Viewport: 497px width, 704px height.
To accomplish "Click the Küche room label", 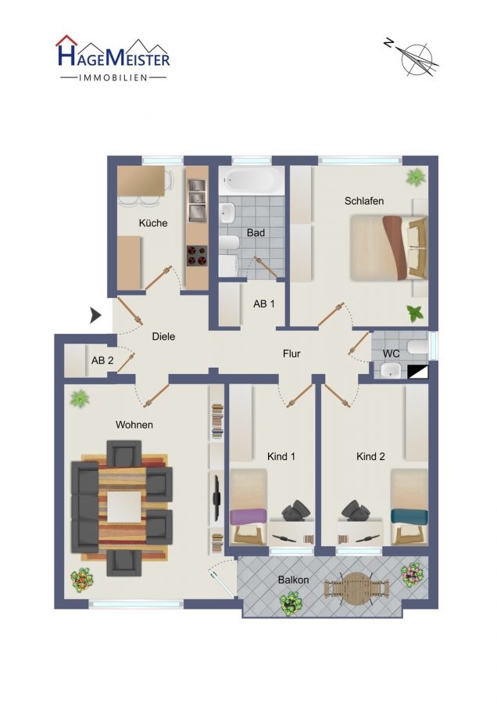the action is point(153,223).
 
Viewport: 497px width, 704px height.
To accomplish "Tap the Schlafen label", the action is point(364,201).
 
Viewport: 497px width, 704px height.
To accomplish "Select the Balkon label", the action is point(293,580).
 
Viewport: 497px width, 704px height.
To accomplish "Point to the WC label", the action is point(391,354).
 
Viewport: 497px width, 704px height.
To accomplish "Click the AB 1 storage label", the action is point(264,304).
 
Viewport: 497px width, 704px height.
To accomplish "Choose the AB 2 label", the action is point(102,360).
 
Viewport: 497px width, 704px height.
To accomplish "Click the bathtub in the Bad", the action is point(251,181).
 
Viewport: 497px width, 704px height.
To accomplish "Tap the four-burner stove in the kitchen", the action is point(197,256).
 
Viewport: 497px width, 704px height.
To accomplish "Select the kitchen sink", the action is point(197,200).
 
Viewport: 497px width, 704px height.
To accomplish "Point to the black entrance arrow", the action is point(95,315).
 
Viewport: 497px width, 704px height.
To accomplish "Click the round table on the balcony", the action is point(356,588).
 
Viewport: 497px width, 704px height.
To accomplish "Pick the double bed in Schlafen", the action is point(388,248).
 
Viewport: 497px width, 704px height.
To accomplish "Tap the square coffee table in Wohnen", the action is point(124,507).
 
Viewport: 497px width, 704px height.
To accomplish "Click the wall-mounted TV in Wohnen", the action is point(216,498).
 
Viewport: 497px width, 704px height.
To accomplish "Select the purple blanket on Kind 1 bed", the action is point(248,516).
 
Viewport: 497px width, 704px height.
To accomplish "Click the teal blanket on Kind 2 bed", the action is point(409,516).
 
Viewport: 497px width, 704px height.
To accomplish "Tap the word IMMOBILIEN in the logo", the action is point(113,77).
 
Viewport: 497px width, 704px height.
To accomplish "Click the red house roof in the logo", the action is point(66,41).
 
